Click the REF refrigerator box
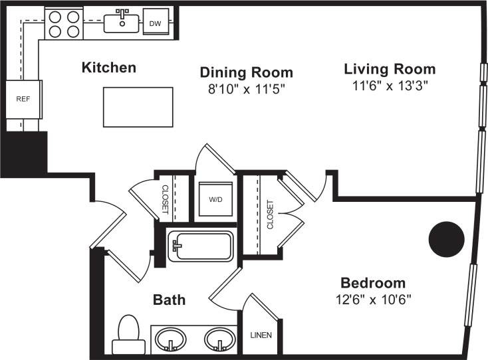click(23, 99)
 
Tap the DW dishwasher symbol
click(155, 23)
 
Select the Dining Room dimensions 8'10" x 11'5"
click(246, 88)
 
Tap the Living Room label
click(390, 69)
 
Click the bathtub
click(201, 246)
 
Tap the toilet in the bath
click(128, 334)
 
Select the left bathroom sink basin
click(172, 339)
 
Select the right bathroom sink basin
click(219, 339)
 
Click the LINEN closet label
click(260, 335)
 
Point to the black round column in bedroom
click(446, 238)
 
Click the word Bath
click(170, 300)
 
